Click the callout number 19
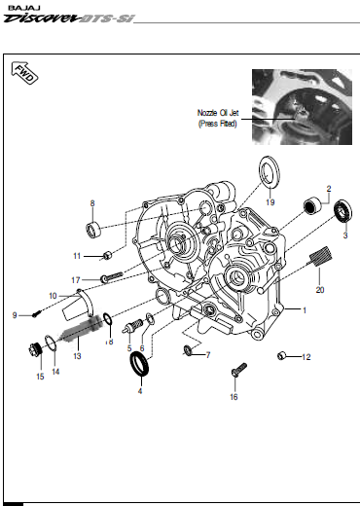270,202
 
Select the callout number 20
320,289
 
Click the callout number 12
305,357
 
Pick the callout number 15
40,376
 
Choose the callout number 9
16,314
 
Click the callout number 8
92,203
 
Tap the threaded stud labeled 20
316,258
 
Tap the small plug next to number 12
282,355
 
